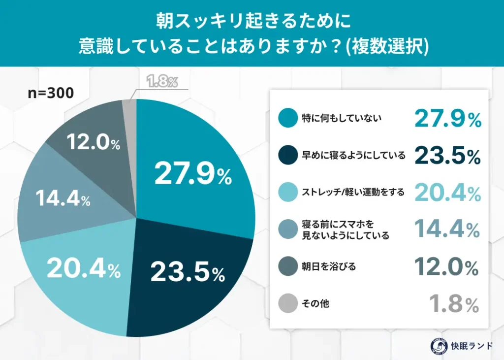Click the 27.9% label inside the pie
click(x=192, y=174)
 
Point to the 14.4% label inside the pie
click(x=63, y=199)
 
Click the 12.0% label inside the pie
click(x=93, y=143)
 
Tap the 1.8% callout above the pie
click(x=162, y=82)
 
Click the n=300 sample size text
click(x=51, y=93)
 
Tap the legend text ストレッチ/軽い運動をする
click(x=352, y=193)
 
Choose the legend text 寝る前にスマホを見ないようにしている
click(x=345, y=230)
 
